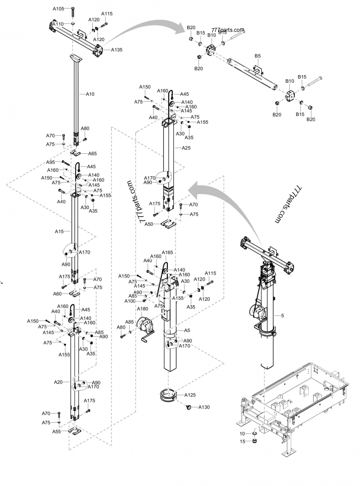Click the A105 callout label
click(x=58, y=9)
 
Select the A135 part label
click(x=117, y=49)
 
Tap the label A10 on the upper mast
click(x=90, y=94)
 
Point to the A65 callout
click(x=92, y=153)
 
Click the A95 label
click(x=50, y=162)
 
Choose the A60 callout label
click(x=57, y=294)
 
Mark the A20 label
click(x=58, y=382)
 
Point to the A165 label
click(x=167, y=253)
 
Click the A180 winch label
click(x=142, y=309)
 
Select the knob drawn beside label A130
click(x=189, y=407)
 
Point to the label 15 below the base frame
click(x=242, y=441)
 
